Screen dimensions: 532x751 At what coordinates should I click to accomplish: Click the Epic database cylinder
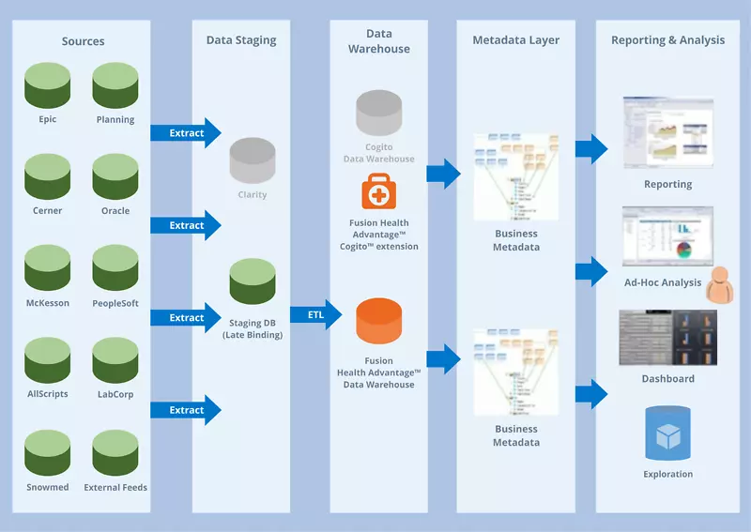[x=48, y=84]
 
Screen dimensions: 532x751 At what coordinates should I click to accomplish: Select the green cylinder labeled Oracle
[x=115, y=176]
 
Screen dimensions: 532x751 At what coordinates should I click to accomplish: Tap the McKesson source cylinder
[x=48, y=268]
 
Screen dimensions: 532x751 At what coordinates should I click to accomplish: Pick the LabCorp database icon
[x=115, y=360]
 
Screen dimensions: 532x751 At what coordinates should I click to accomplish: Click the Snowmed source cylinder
[x=48, y=453]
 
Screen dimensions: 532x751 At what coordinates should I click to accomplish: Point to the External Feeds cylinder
[x=115, y=453]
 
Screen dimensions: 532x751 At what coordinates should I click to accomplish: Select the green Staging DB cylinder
[x=253, y=281]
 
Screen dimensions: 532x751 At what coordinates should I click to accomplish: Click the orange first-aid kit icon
[x=379, y=192]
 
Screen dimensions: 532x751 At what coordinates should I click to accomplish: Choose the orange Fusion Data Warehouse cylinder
[x=379, y=321]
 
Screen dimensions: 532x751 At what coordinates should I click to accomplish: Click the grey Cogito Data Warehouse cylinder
[x=379, y=113]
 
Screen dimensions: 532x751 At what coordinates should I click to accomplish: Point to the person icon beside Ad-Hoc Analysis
[x=722, y=286]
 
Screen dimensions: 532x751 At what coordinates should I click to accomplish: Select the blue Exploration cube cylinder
[x=667, y=433]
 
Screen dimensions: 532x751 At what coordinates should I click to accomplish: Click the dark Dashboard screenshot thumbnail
[x=667, y=337]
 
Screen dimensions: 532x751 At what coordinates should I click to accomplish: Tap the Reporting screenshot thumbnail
[x=667, y=132]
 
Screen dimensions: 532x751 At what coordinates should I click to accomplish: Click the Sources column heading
[x=83, y=41]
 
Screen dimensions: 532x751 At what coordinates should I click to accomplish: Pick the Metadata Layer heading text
[x=515, y=40]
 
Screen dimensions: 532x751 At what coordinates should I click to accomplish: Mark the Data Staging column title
[x=241, y=40]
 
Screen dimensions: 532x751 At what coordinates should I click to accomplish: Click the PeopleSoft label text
[x=115, y=304]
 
